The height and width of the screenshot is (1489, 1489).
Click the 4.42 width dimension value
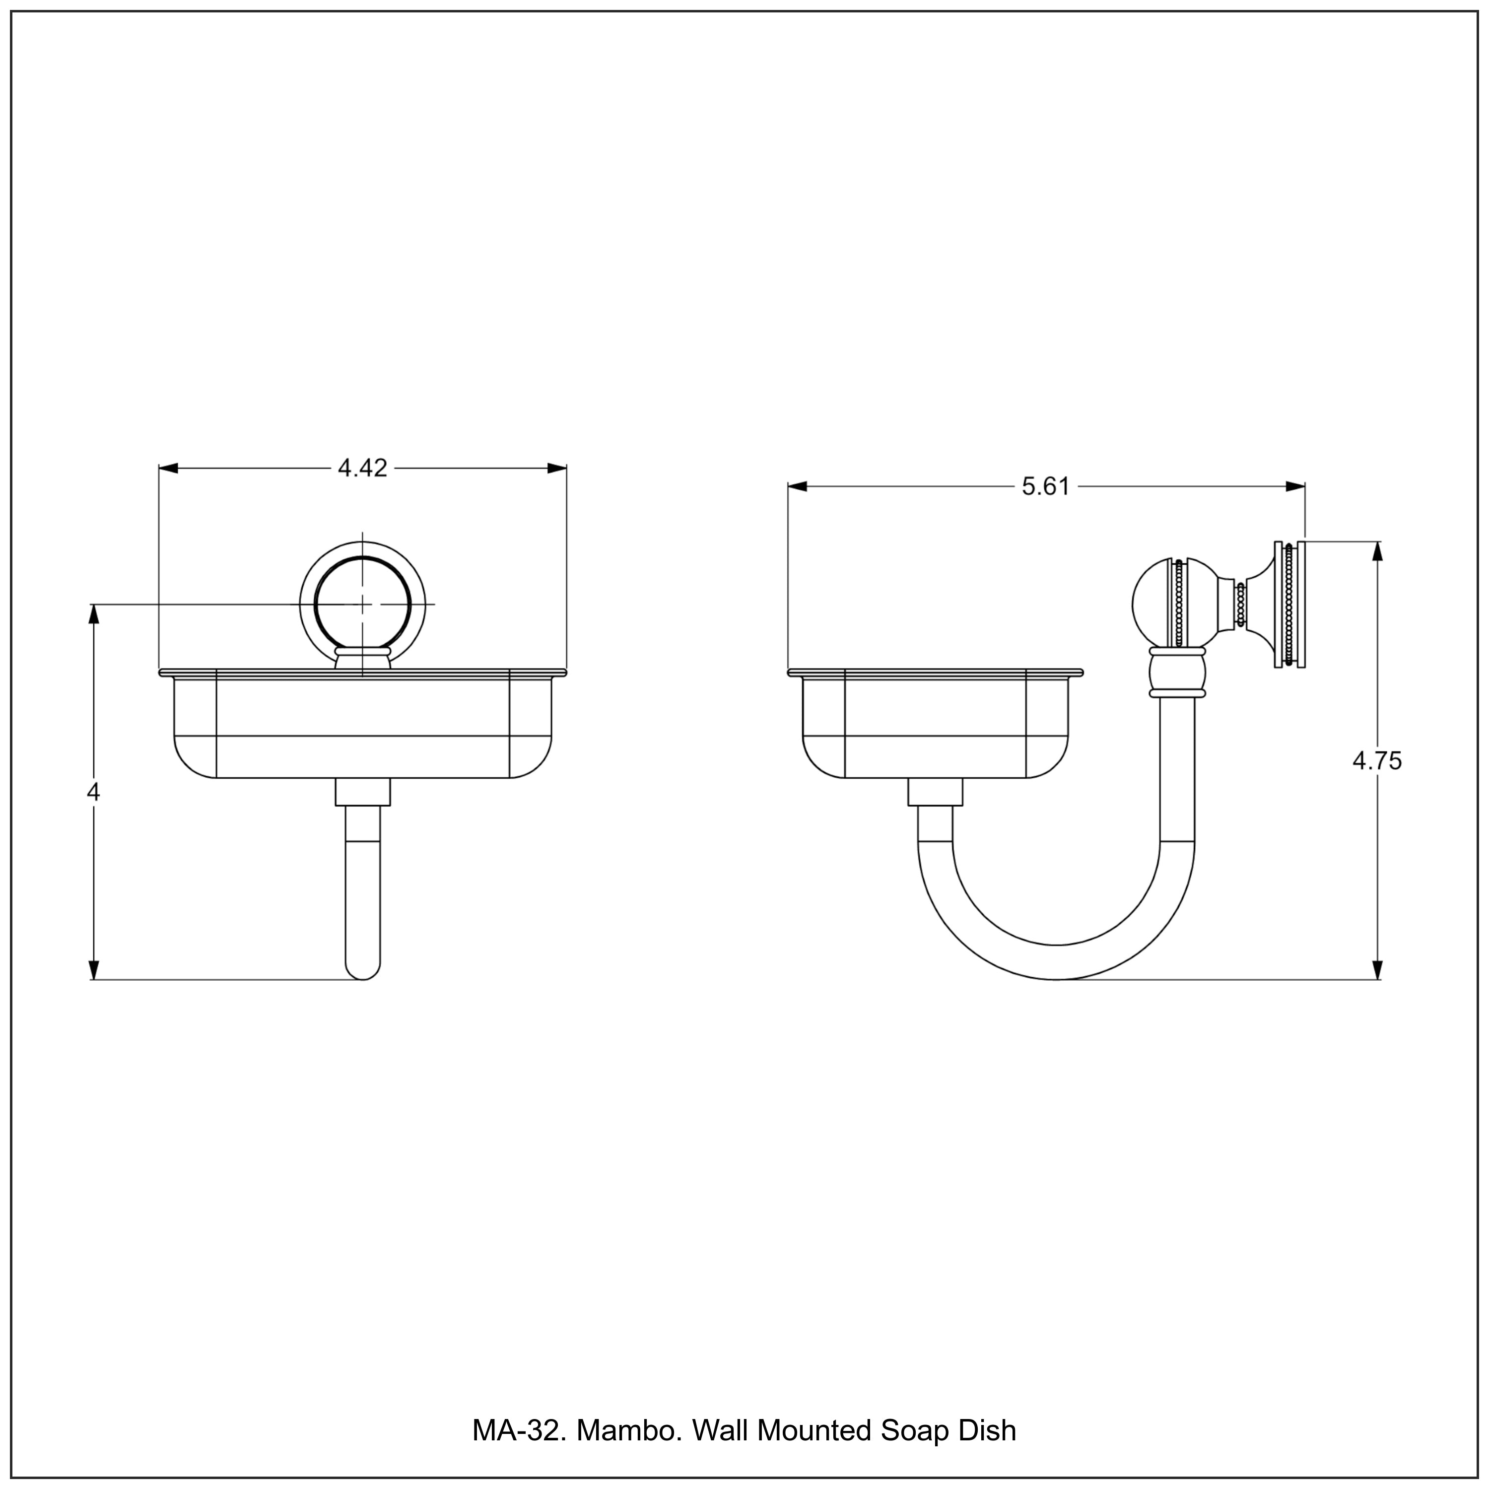[x=362, y=468]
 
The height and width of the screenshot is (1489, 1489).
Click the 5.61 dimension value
[x=1046, y=487]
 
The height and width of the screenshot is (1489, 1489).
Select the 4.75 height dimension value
[x=1377, y=761]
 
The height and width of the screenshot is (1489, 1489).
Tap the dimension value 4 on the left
[x=93, y=792]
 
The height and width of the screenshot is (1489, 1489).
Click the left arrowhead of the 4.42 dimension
[x=168, y=468]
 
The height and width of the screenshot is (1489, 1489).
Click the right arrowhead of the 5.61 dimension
[x=1295, y=486]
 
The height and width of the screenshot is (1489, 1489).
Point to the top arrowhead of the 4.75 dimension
[x=1378, y=552]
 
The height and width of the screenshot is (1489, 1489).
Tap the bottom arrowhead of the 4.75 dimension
[x=1378, y=969]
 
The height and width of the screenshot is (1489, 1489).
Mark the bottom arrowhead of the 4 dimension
[x=94, y=969]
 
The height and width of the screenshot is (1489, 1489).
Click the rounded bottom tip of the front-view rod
[x=362, y=973]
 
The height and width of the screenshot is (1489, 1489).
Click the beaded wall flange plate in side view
[x=1289, y=605]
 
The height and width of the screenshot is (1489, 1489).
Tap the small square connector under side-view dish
[x=935, y=792]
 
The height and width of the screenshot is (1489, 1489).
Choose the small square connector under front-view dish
[x=362, y=792]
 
